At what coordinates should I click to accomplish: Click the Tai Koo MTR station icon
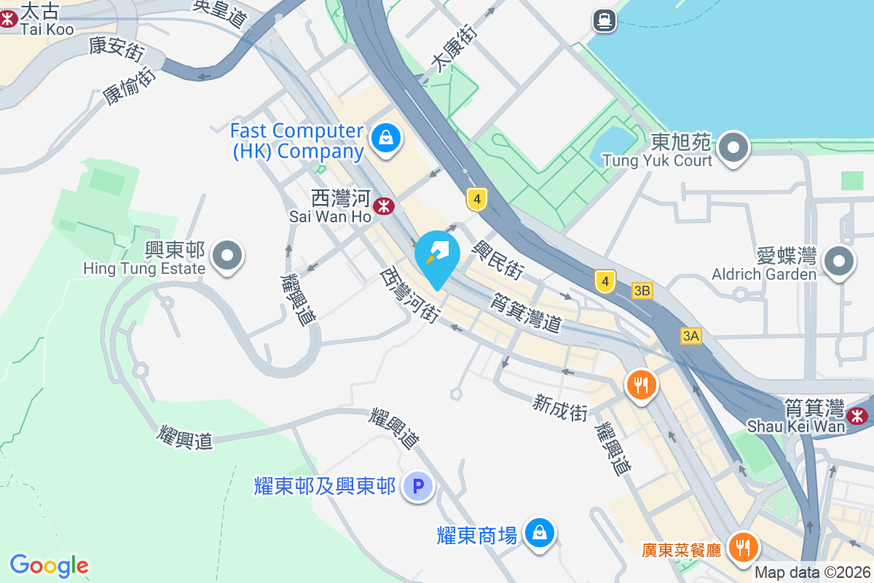point(8,17)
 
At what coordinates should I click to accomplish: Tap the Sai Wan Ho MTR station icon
point(383,206)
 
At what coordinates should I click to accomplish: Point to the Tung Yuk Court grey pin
point(733,148)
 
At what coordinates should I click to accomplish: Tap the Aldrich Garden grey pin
point(838,260)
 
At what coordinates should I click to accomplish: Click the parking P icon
point(419,486)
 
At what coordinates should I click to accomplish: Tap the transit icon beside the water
point(604,20)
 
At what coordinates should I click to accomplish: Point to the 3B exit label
point(642,291)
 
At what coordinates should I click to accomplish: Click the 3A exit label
point(691,335)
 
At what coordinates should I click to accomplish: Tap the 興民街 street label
point(497,260)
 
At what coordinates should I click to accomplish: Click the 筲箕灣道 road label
point(526,313)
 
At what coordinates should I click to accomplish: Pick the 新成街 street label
point(560,407)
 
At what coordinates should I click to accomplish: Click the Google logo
point(50,566)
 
